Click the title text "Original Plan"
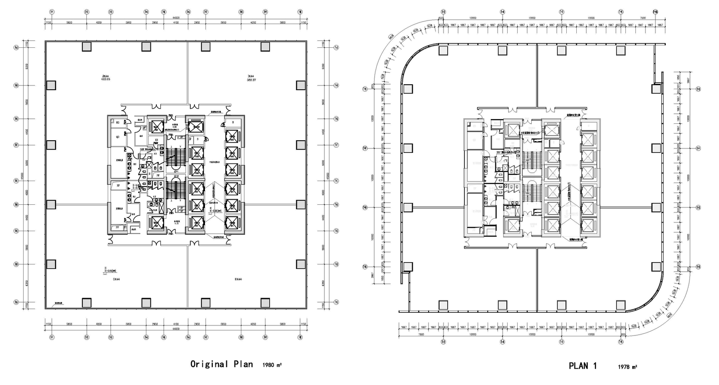221,364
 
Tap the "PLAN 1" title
583,366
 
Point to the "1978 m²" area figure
627,367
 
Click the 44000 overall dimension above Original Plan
175,18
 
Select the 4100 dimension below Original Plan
175,324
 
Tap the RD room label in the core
117,122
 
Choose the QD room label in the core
117,136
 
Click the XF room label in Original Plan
118,186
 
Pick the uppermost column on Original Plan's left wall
51,85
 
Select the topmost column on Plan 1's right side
656,89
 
